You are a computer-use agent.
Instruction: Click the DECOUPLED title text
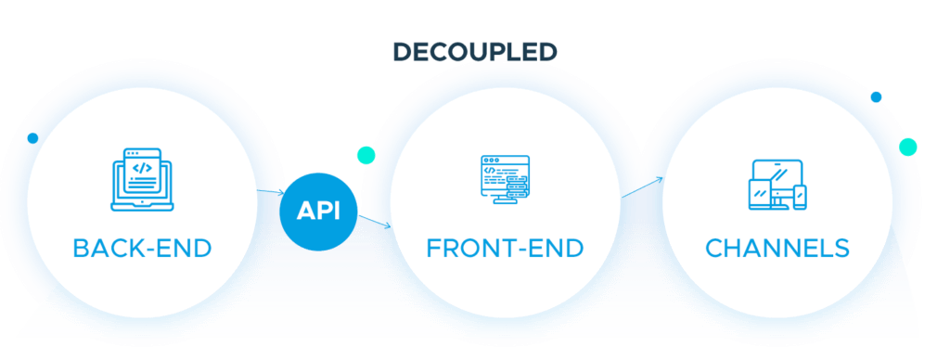pos(474,51)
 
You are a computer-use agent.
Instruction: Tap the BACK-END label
pos(142,249)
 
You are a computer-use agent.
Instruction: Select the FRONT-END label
pos(505,249)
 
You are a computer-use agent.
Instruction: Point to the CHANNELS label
pos(777,249)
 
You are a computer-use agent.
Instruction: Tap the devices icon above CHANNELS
pos(777,184)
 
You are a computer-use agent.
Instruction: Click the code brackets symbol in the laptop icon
pos(142,169)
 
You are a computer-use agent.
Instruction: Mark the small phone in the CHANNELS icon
pos(800,197)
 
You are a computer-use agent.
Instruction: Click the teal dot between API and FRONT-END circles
pos(366,154)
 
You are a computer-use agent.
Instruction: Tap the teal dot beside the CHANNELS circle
pos(907,146)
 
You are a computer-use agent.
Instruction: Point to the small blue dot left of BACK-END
pos(33,139)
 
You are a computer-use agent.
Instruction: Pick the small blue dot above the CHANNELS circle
pos(876,96)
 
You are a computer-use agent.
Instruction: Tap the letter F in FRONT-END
pos(433,249)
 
